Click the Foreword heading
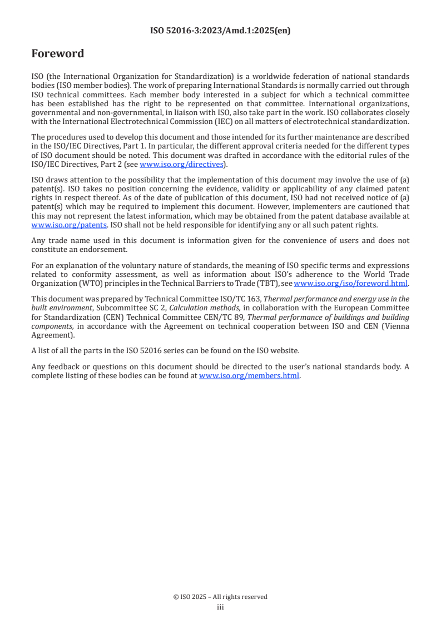pos(58,54)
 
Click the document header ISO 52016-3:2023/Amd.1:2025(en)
pos(220,31)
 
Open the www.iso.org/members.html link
pos(249,375)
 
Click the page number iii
pos(220,607)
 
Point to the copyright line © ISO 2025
pos(220,597)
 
